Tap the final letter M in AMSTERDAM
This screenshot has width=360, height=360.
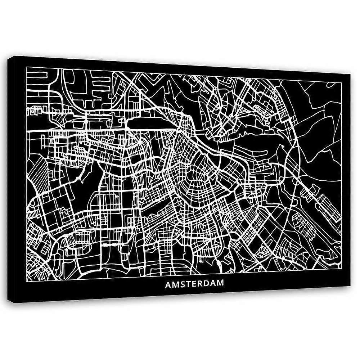[x=220, y=284]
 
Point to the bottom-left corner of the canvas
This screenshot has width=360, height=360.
[x=15, y=303]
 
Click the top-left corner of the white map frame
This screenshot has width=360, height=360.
[x=27, y=67]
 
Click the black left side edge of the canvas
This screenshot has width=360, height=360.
[x=13, y=180]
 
